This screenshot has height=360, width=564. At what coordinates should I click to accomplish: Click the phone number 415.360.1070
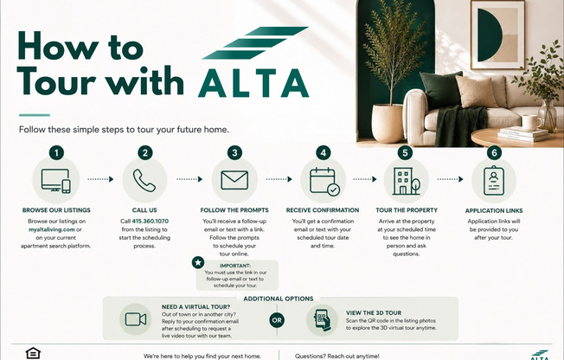(x=150, y=221)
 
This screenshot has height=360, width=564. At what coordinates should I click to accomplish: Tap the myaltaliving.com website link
(x=52, y=229)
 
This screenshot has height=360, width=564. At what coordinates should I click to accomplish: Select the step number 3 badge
(x=234, y=153)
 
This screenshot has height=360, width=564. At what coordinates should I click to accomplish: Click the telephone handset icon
(x=144, y=180)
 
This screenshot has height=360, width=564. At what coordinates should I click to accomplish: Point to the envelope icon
(x=234, y=180)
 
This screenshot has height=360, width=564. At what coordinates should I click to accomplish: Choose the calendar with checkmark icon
(x=324, y=182)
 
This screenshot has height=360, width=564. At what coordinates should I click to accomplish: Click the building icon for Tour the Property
(x=406, y=181)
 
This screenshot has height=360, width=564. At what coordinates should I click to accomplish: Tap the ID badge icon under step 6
(x=494, y=180)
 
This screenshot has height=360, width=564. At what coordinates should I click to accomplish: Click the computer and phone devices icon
(x=55, y=181)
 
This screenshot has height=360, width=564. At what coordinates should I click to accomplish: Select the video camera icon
(x=136, y=319)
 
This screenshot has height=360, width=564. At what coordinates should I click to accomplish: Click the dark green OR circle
(x=277, y=320)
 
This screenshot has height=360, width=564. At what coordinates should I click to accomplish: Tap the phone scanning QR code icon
(x=323, y=320)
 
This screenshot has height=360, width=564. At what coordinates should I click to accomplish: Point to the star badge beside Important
(x=198, y=262)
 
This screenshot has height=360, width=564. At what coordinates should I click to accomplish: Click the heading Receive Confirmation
(x=323, y=210)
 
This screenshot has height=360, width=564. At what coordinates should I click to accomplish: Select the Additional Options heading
(x=279, y=299)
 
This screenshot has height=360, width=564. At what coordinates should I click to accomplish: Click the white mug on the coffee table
(x=531, y=122)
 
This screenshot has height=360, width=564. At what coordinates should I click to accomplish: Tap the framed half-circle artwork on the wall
(x=497, y=35)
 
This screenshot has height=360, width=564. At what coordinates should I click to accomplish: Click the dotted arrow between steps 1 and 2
(x=100, y=179)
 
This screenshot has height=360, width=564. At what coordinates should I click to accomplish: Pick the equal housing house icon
(x=33, y=353)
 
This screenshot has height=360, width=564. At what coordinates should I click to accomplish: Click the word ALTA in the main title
(x=253, y=83)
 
